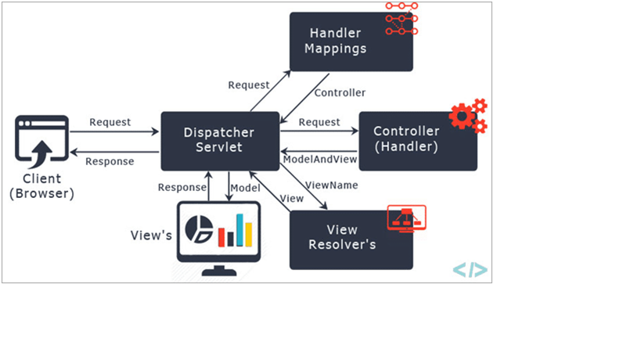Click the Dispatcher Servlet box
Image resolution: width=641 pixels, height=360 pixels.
tap(220, 141)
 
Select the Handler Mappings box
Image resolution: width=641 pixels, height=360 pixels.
tap(351, 41)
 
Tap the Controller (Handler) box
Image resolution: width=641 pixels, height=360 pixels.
tap(418, 141)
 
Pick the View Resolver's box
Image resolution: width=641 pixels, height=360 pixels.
tap(351, 239)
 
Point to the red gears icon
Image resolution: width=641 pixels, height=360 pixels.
tap(468, 116)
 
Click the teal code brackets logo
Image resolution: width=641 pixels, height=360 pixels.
tap(470, 270)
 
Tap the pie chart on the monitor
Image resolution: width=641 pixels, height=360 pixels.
tap(199, 229)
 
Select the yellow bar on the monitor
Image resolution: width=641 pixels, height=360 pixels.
tap(249, 235)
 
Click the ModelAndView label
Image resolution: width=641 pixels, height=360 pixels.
tap(320, 160)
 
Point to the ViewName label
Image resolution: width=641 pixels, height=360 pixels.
tap(332, 185)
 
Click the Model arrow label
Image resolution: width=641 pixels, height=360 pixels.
tap(245, 188)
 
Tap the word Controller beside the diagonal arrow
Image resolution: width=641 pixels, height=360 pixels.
tap(340, 93)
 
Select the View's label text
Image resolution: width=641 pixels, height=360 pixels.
tap(151, 236)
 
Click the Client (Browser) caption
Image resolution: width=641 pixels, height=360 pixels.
tap(41, 186)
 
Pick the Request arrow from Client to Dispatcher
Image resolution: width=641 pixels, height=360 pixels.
tap(114, 131)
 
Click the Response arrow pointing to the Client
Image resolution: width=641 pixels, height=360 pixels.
tap(114, 152)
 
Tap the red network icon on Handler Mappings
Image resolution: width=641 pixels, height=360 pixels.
tap(402, 18)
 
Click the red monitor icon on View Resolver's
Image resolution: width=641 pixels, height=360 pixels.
tap(406, 218)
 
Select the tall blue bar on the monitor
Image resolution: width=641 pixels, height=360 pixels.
tap(240, 230)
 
